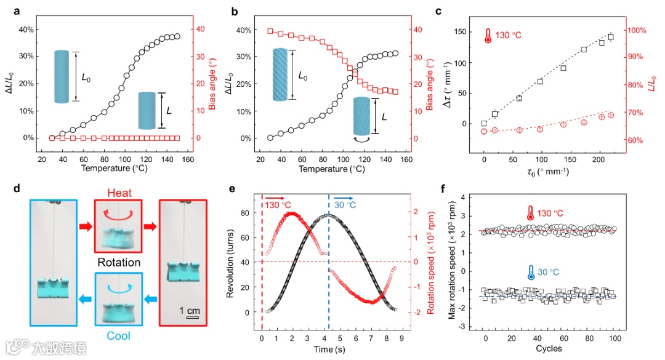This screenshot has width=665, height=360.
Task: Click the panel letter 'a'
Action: tap(8, 10)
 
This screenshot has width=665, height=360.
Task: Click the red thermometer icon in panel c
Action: tap(488, 35)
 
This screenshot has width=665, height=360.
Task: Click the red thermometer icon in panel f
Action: tap(530, 214)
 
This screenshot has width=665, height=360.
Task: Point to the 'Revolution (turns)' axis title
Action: tap(230, 263)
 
